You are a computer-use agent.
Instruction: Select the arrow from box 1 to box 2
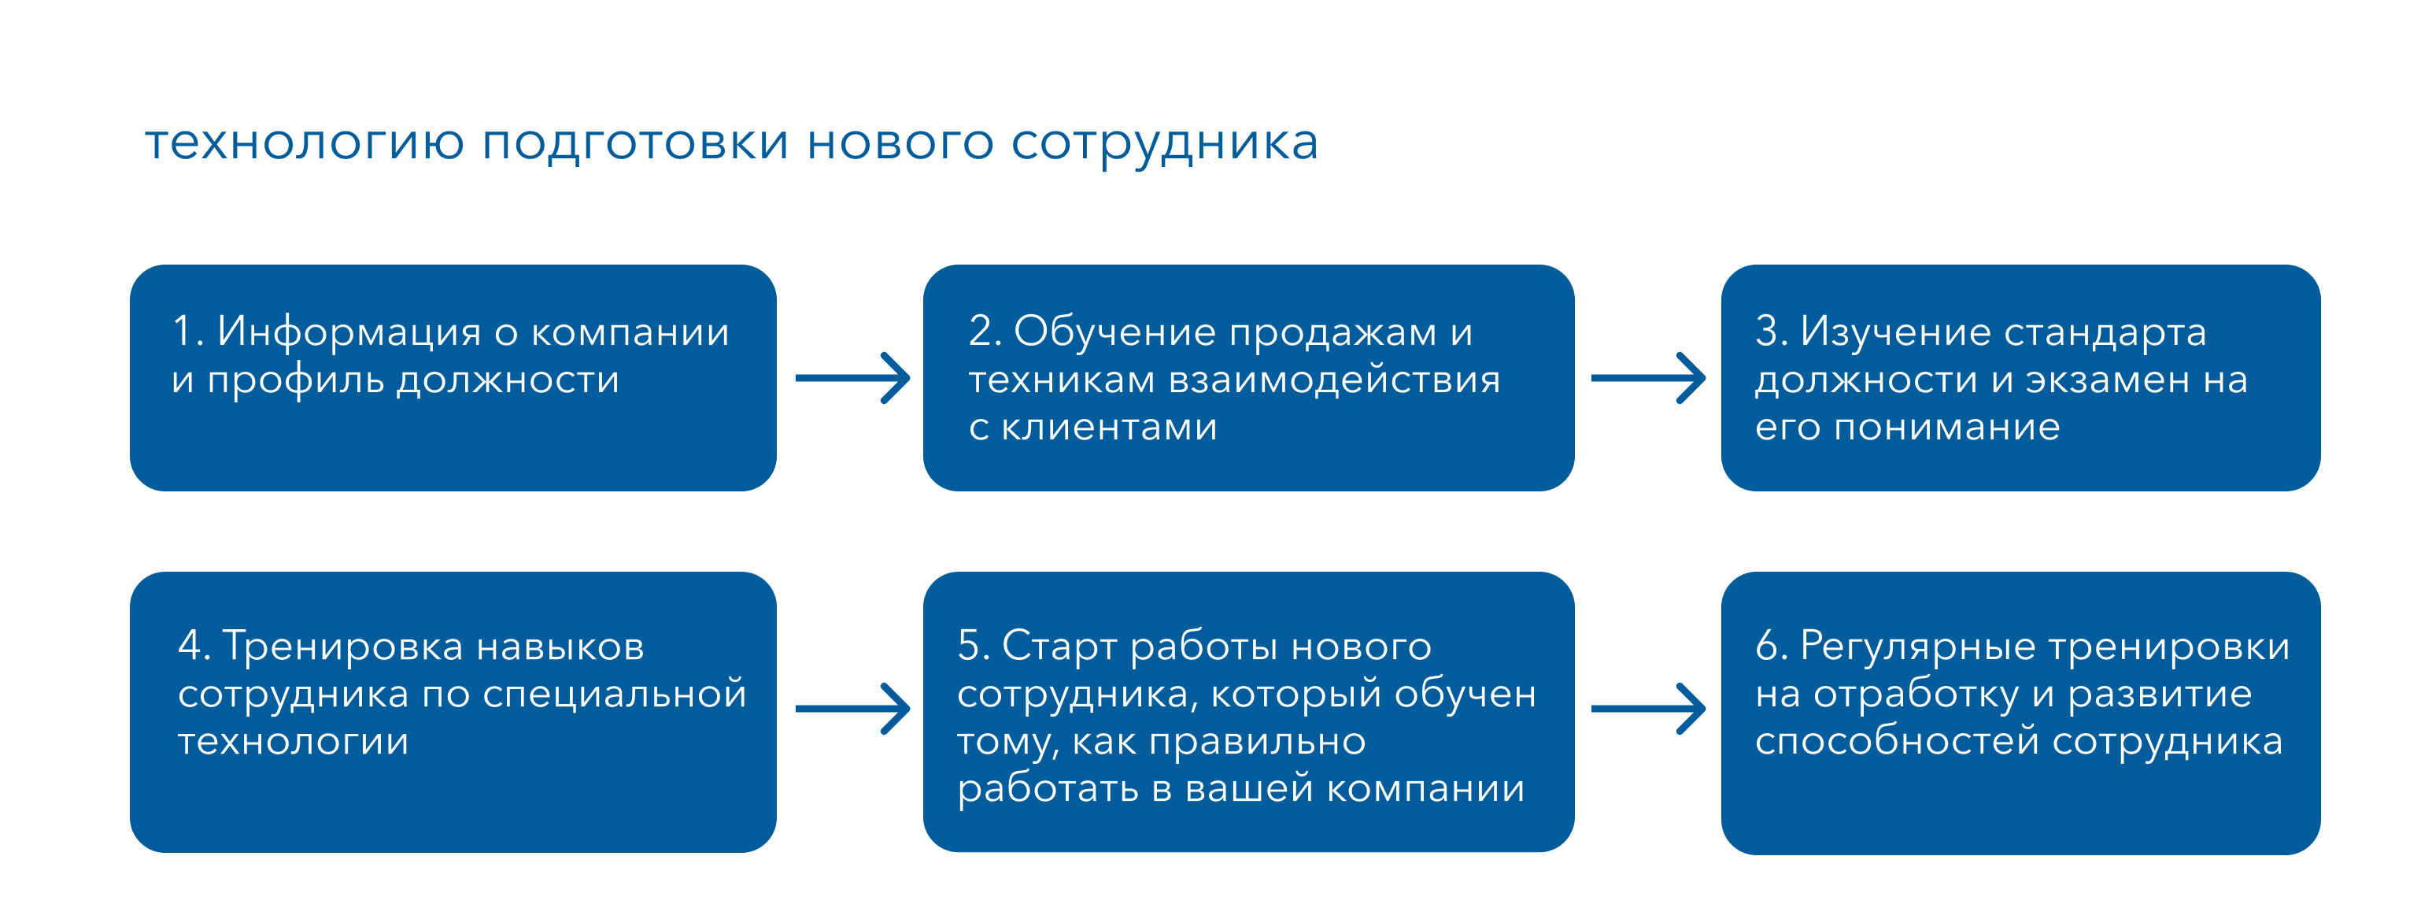(852, 378)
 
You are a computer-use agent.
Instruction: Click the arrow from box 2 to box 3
(1647, 378)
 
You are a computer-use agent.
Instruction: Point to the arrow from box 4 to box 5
(852, 709)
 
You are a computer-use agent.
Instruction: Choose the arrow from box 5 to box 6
(1647, 709)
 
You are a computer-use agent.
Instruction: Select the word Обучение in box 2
(1116, 332)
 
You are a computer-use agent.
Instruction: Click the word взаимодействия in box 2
(1334, 380)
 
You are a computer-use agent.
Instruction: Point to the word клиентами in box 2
(1108, 428)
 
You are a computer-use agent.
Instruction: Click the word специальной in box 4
(615, 695)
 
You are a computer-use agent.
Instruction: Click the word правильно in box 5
(1257, 743)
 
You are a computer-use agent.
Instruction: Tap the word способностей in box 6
(1898, 743)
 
